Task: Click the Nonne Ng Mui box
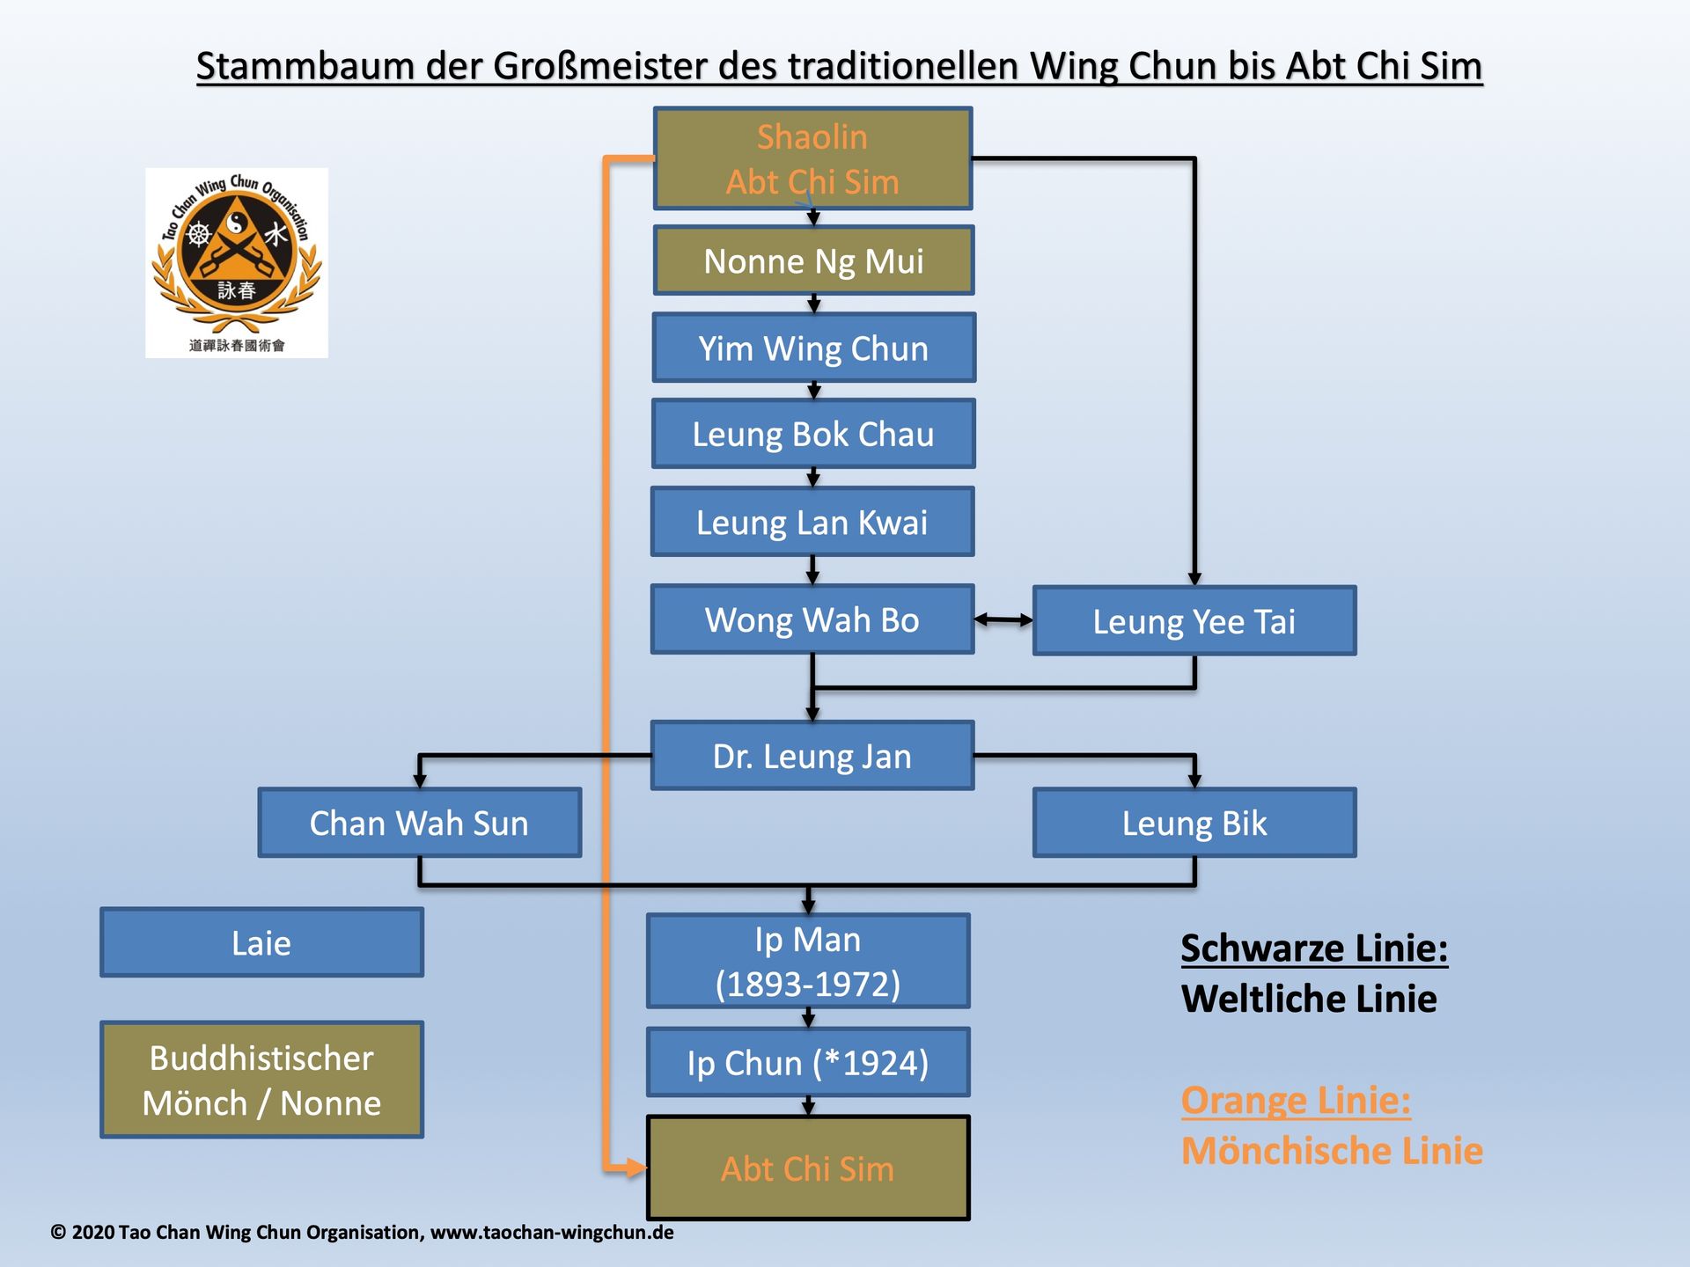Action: click(x=813, y=260)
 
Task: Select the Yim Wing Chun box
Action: click(x=813, y=348)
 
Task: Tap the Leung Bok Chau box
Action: click(x=813, y=434)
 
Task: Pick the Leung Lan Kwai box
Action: click(x=812, y=522)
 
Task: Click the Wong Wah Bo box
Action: click(x=812, y=619)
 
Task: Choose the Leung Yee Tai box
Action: click(x=1194, y=621)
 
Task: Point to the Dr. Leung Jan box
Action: click(x=812, y=756)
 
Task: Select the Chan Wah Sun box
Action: click(x=419, y=823)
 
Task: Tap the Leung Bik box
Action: click(x=1194, y=823)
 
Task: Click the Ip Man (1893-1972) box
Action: click(x=808, y=961)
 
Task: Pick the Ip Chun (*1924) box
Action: click(x=808, y=1062)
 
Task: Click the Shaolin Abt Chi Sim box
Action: click(x=812, y=159)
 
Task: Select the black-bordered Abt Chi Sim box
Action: click(x=808, y=1168)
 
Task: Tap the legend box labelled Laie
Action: click(x=261, y=942)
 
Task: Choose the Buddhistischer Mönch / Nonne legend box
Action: click(x=261, y=1080)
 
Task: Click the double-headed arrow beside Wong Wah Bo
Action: click(x=1003, y=620)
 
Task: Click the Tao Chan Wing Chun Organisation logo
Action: click(x=236, y=262)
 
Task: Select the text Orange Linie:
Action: click(x=1295, y=1100)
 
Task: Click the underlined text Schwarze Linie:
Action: click(x=1313, y=948)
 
